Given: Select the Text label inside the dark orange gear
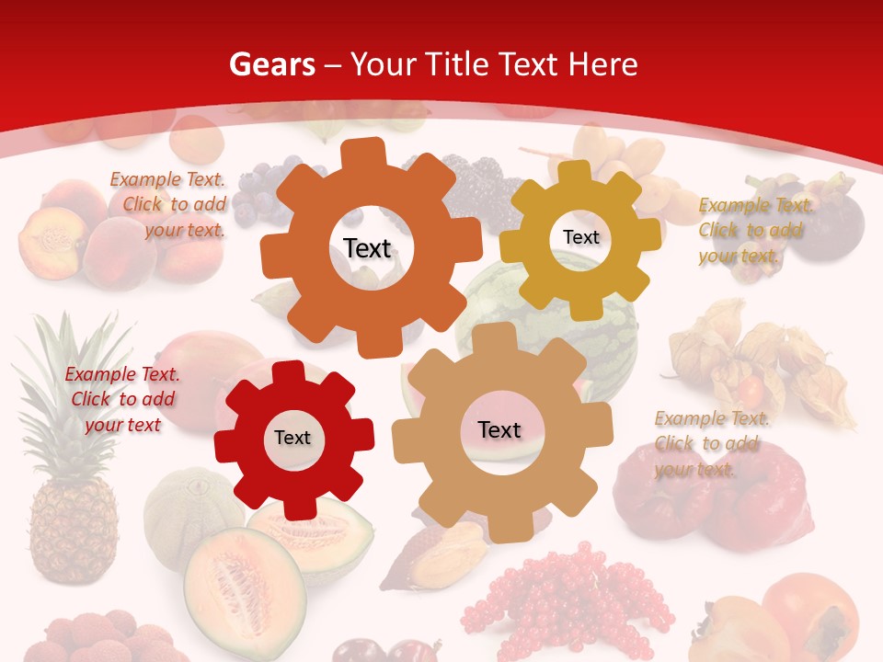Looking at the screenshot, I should pyautogui.click(x=367, y=248).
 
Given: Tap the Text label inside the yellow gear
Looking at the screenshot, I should pyautogui.click(x=580, y=237).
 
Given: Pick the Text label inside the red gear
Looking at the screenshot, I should pyautogui.click(x=292, y=438).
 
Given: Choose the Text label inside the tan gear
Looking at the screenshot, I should pyautogui.click(x=499, y=429).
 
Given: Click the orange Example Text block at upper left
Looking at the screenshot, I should pyautogui.click(x=168, y=204).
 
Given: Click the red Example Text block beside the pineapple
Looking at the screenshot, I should pyautogui.click(x=122, y=399).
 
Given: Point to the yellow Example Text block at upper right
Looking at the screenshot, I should pyautogui.click(x=755, y=230).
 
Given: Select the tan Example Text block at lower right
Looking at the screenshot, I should pyautogui.click(x=711, y=443).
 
